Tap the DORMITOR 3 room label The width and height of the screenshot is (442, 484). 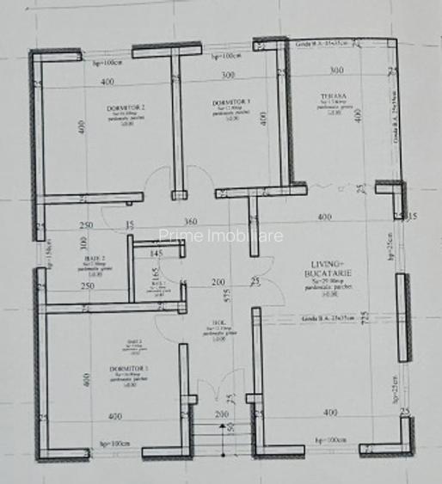tap(230, 103)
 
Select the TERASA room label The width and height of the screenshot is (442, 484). tap(323, 99)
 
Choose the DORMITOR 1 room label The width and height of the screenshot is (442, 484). tap(134, 367)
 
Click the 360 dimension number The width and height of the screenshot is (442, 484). tap(190, 222)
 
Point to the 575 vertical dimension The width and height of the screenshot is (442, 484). tap(225, 295)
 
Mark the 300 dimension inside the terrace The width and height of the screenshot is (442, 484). tap(335, 70)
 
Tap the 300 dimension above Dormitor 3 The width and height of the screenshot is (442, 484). tap(227, 76)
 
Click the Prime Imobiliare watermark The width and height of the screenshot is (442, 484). tap(221, 236)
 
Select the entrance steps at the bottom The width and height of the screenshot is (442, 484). tap(222, 437)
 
